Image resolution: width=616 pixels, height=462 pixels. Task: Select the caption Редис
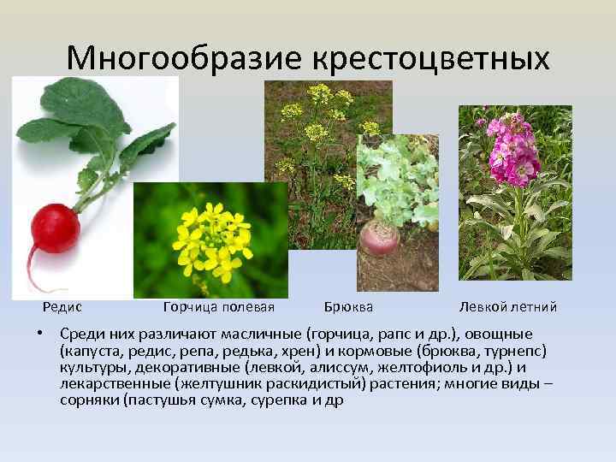pos(62,306)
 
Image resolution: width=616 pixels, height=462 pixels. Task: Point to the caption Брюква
pos(349,306)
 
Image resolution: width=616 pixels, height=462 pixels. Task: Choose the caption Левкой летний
pos(507,306)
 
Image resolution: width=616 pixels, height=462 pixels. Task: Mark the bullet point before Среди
pos(41,334)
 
